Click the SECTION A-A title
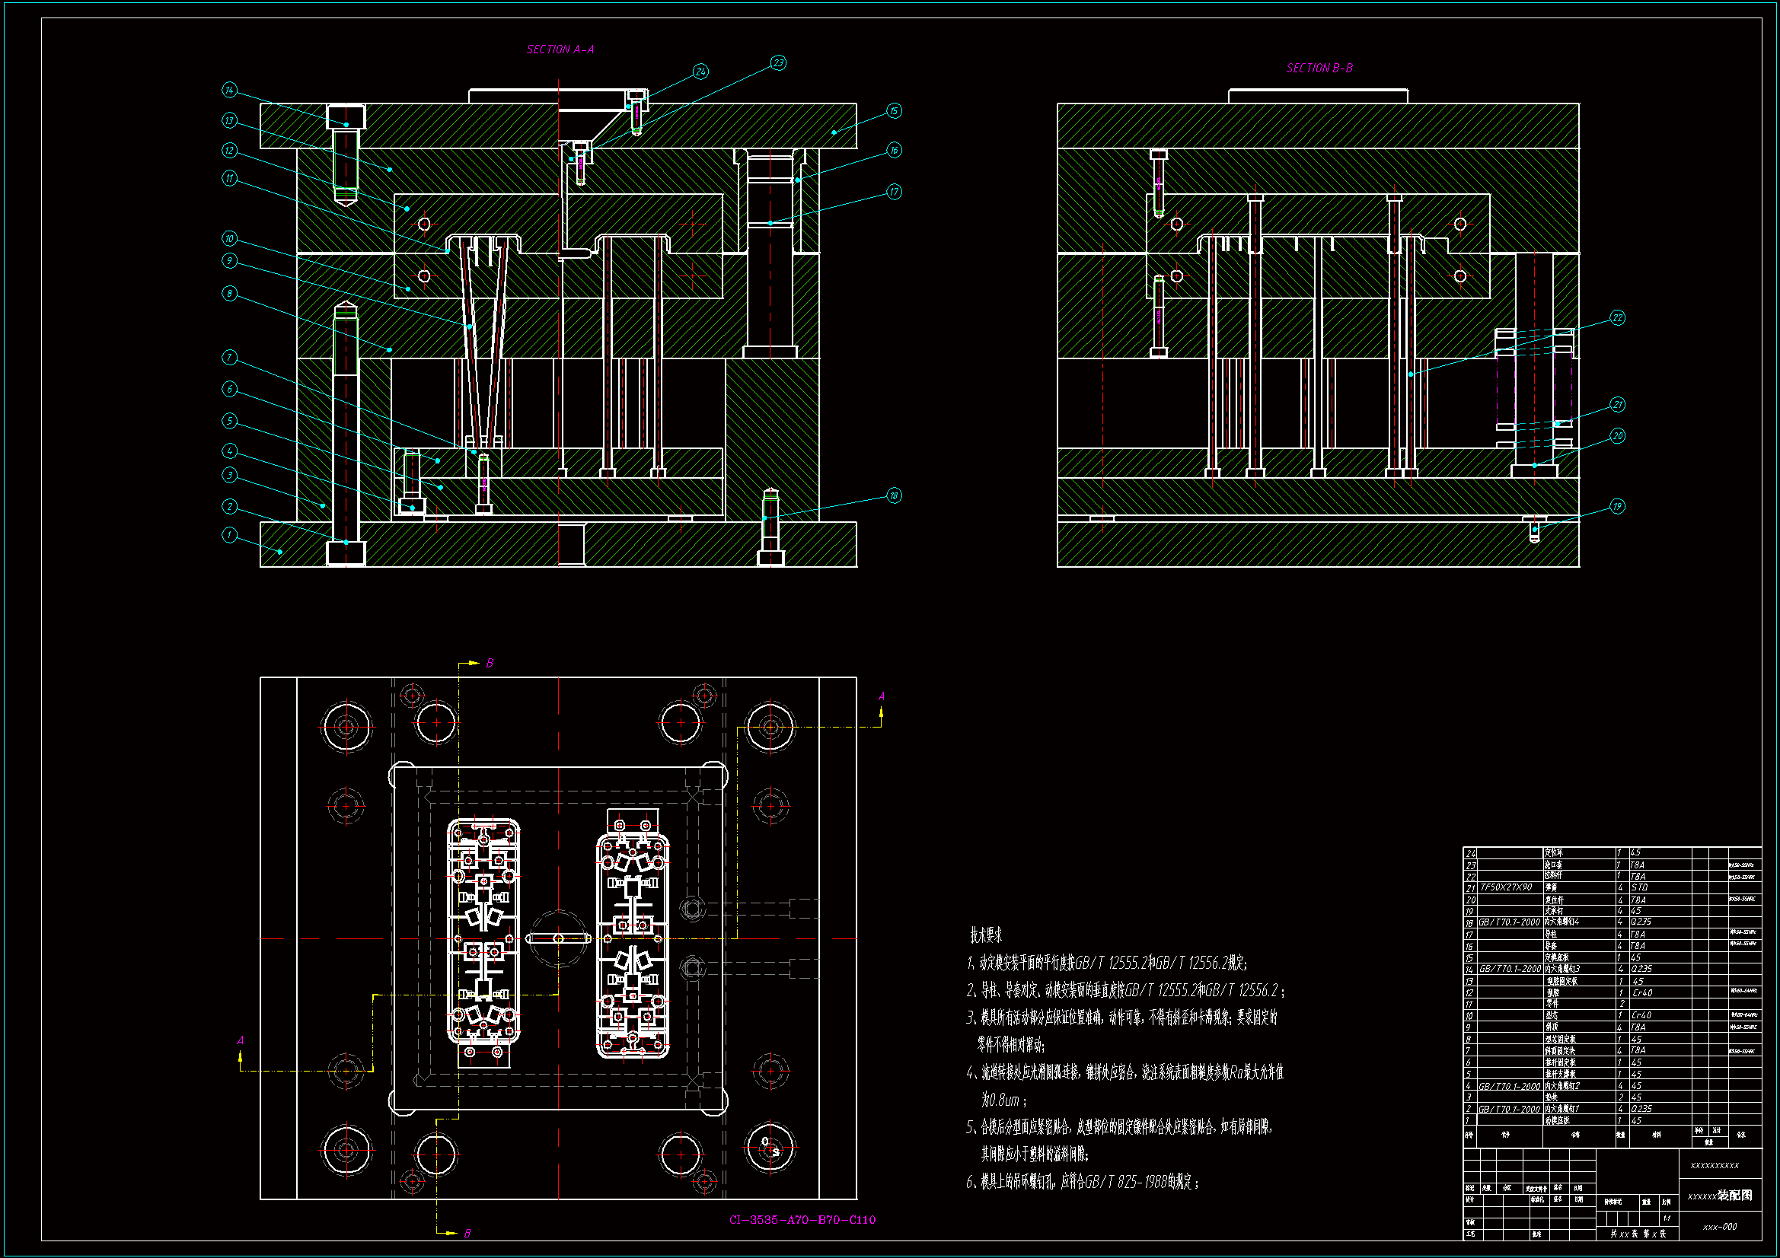(x=560, y=49)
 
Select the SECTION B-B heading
(x=1319, y=68)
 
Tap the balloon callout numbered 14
(x=229, y=90)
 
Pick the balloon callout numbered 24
(x=700, y=72)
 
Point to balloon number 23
(x=778, y=62)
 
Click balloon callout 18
(x=894, y=495)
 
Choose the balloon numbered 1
(x=229, y=535)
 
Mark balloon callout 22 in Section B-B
(x=1617, y=318)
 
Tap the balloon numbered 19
(x=1617, y=506)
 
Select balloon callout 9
(x=229, y=260)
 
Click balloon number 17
(x=894, y=192)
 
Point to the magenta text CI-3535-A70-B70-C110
(x=802, y=1220)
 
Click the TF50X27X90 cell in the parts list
(x=1506, y=887)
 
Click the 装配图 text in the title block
(x=1735, y=1196)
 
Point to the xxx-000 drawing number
(x=1720, y=1227)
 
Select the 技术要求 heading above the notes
(x=986, y=935)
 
